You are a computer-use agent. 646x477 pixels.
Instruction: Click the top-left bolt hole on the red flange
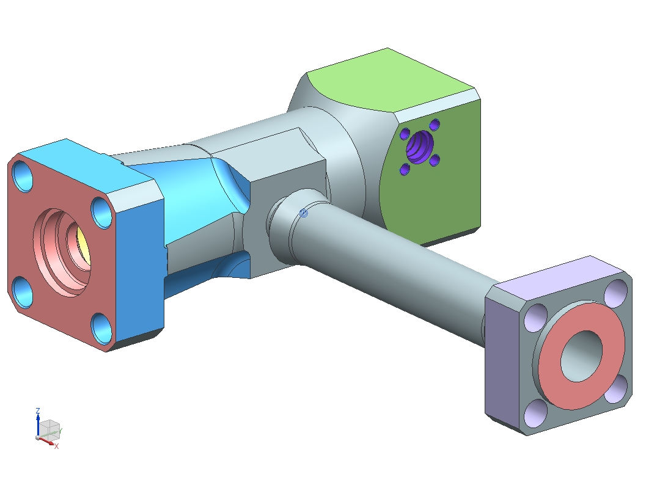(23, 176)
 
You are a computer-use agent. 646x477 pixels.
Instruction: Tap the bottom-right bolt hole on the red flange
(101, 329)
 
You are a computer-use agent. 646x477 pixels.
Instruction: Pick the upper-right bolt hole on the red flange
(103, 213)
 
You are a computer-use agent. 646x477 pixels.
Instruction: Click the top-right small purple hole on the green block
(435, 125)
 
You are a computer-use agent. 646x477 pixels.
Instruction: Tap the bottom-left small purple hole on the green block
(405, 169)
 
